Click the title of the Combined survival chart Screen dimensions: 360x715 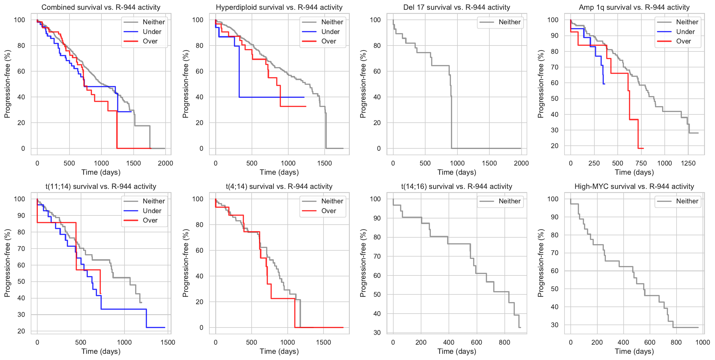pyautogui.click(x=101, y=7)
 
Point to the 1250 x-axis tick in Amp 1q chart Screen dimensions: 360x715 pyautogui.click(x=688, y=163)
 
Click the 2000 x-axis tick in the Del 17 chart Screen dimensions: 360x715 pyautogui.click(x=521, y=163)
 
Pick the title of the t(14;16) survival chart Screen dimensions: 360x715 pyautogui.click(x=457, y=187)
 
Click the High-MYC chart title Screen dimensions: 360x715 pyautogui.click(x=634, y=187)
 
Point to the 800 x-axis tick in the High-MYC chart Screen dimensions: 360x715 pyautogui.click(x=676, y=342)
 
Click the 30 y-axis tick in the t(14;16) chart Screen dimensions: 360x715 pyautogui.click(x=377, y=333)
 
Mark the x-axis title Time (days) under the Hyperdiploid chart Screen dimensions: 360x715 pyautogui.click(x=279, y=172)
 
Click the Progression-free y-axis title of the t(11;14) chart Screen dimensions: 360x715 pyautogui.click(x=7, y=263)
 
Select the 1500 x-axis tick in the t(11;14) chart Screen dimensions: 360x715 pyautogui.click(x=168, y=342)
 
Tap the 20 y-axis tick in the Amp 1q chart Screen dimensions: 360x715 pyautogui.click(x=554, y=146)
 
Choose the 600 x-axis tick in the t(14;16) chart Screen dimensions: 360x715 pyautogui.click(x=476, y=342)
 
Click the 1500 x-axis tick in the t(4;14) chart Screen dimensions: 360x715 pyautogui.click(x=323, y=342)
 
